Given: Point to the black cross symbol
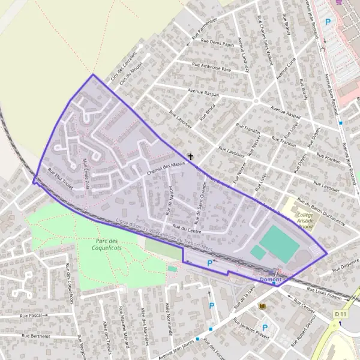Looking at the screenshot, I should (x=191, y=157).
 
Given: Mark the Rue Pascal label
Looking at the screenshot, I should (x=34, y=314).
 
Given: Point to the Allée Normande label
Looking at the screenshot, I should (x=168, y=319).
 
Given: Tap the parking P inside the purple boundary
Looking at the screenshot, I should (x=209, y=263).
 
